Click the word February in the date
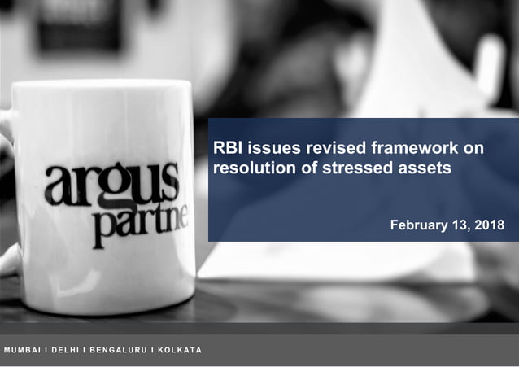(418, 225)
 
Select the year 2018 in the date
(487, 225)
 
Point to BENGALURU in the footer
(120, 350)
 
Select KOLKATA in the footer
(180, 350)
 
